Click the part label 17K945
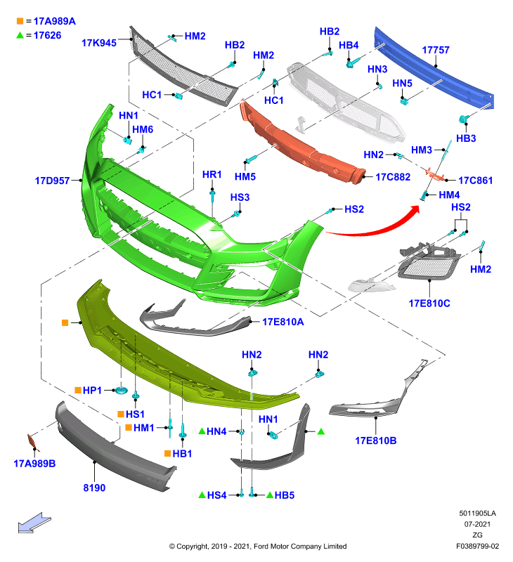tap(99, 43)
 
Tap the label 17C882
tap(393, 177)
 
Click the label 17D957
tap(52, 181)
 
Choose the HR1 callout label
tap(212, 174)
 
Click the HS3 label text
tap(240, 197)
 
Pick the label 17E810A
tap(283, 322)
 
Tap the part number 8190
tap(94, 488)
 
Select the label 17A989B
tap(34, 464)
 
